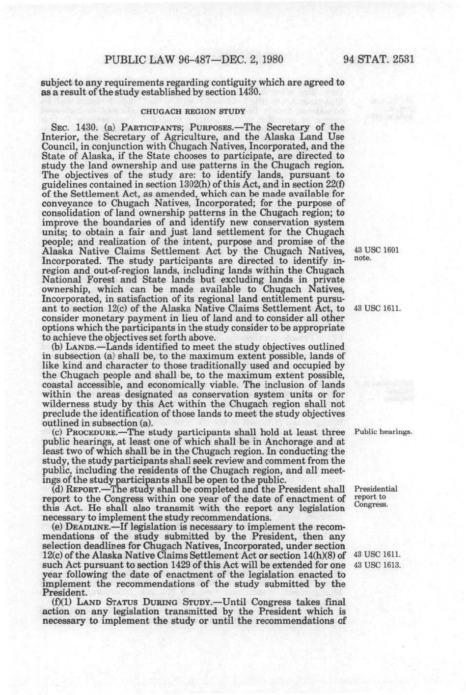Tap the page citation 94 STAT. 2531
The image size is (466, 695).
380,60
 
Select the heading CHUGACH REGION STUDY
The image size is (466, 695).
193,111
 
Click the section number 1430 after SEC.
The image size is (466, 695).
76,127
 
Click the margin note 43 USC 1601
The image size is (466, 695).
376,250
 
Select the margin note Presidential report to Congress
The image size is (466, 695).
376,497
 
